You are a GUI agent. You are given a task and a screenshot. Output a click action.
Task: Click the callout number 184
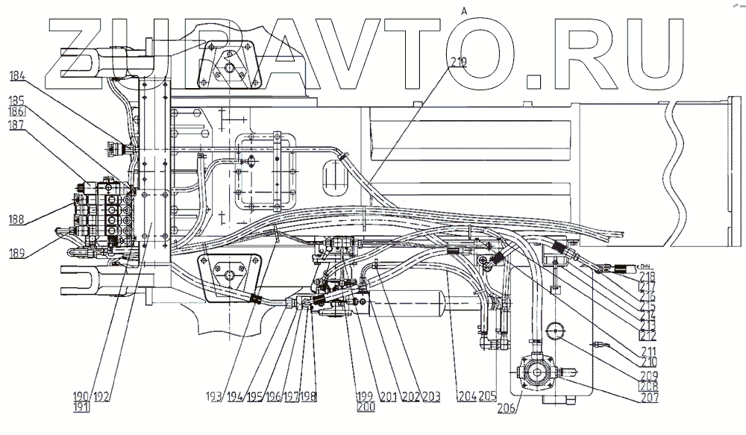pyautogui.click(x=17, y=75)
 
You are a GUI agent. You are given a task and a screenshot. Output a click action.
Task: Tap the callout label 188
pyautogui.click(x=17, y=220)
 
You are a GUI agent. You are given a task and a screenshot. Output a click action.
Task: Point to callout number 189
pyautogui.click(x=17, y=254)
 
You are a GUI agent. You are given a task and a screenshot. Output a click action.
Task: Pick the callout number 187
pyautogui.click(x=17, y=126)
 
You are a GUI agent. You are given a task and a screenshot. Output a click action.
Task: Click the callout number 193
pyautogui.click(x=216, y=396)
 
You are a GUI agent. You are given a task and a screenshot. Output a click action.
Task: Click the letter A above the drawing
pyautogui.click(x=464, y=10)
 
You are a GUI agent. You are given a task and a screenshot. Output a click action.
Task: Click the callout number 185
pyautogui.click(x=17, y=99)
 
